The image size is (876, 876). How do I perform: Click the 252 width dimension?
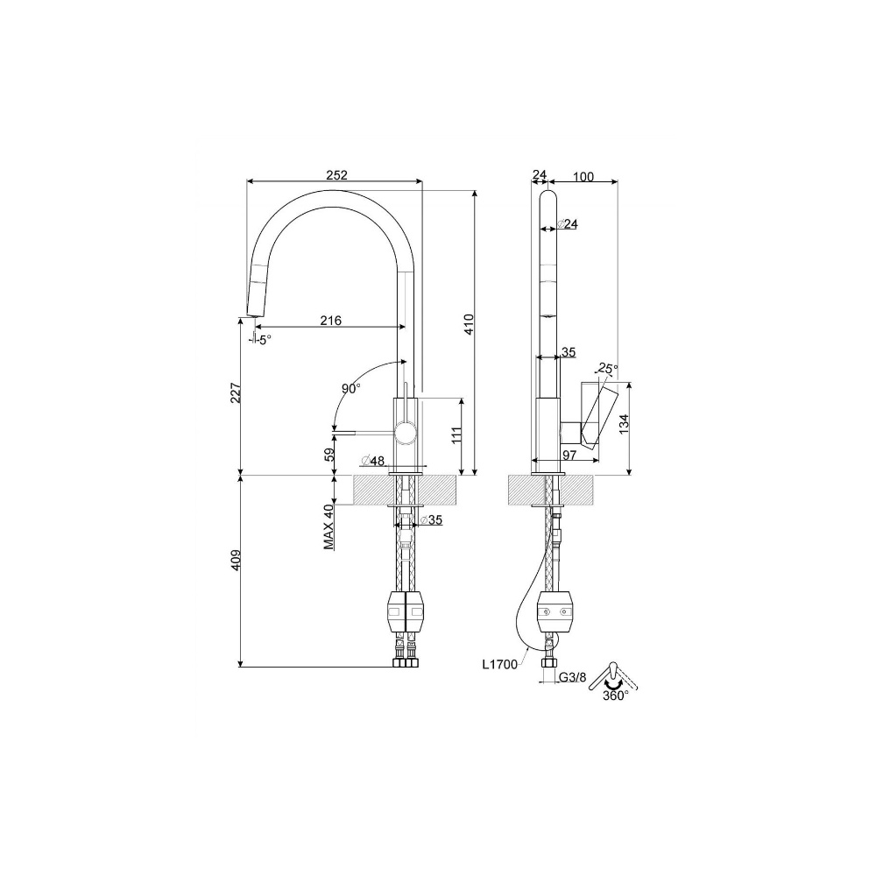click(336, 175)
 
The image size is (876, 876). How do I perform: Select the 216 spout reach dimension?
click(331, 320)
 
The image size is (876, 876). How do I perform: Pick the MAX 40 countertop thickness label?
click(328, 526)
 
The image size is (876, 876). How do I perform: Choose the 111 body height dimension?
click(457, 435)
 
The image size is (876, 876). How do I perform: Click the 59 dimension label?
click(329, 454)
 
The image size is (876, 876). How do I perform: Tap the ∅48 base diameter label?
click(373, 461)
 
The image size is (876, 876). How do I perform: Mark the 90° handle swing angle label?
click(351, 388)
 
